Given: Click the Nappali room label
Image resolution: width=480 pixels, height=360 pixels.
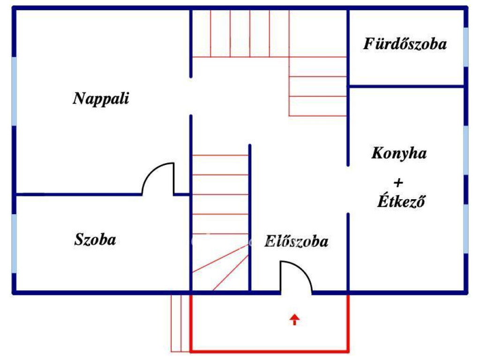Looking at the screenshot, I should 101,99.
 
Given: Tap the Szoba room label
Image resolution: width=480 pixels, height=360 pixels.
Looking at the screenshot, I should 95,240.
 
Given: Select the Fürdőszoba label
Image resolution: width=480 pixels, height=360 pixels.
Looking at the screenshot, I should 405,45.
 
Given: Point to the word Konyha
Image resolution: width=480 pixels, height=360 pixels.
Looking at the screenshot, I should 399,153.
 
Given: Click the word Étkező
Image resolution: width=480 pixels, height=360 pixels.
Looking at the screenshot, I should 401,202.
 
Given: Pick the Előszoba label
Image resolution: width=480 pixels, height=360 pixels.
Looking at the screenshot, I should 296,242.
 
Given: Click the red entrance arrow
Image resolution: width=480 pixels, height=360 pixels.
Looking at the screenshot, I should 294,320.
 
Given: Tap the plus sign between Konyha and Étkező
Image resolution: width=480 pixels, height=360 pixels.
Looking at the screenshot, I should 399,182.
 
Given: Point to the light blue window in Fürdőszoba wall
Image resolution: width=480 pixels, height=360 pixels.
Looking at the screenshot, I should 465,47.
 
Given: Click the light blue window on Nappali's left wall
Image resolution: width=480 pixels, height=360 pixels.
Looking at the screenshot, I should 15,91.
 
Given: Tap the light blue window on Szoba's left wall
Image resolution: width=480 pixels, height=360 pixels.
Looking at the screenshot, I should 15,243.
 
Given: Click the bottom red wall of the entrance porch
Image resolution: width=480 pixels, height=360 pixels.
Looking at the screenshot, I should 270,350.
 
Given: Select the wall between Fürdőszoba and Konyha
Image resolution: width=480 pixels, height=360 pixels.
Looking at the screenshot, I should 406,86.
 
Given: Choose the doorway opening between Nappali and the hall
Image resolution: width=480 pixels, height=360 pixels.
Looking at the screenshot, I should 191,96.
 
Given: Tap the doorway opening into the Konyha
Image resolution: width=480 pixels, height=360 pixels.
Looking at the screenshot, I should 348,189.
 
